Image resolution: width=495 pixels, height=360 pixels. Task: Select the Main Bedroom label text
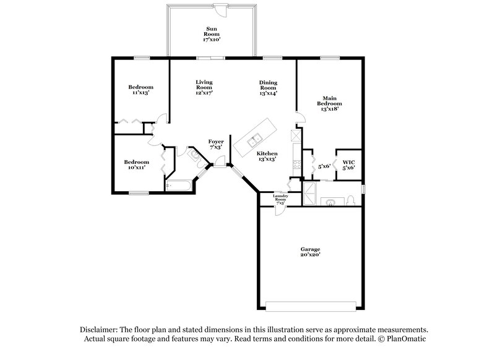pyautogui.click(x=329, y=103)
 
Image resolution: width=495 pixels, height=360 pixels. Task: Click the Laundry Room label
pyautogui.click(x=280, y=199)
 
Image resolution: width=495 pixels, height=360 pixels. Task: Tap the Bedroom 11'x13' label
pyautogui.click(x=140, y=90)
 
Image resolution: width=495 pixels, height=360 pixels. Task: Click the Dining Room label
pyautogui.click(x=268, y=87)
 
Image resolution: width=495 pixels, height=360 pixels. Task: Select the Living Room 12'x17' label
pyautogui.click(x=204, y=87)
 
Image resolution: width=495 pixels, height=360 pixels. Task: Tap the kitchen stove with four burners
pyautogui.click(x=296, y=165)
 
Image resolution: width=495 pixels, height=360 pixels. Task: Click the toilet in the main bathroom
pyautogui.click(x=351, y=199)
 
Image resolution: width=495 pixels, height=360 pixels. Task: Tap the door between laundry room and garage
pyautogui.click(x=280, y=208)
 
